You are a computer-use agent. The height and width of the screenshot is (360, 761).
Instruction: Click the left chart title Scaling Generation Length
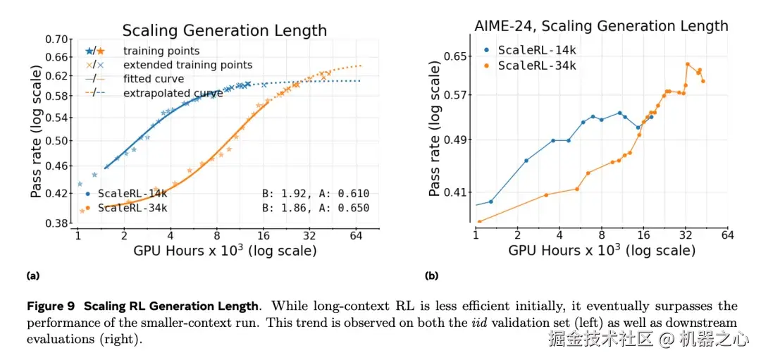coord(224,30)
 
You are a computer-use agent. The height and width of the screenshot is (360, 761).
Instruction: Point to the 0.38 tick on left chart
coord(58,223)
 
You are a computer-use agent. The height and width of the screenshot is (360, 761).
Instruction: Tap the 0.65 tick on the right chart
coord(456,56)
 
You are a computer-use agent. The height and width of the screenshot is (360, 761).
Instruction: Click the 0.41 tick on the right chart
coord(456,192)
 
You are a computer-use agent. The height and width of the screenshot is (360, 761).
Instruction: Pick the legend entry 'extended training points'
coord(187,65)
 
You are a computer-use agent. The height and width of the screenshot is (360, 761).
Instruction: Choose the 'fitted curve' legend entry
coord(154,79)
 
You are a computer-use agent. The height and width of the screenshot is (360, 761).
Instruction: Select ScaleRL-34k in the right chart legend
coord(537,66)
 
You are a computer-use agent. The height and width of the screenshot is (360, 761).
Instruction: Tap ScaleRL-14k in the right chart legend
coord(537,50)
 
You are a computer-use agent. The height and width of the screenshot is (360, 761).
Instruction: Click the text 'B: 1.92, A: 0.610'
coord(315,193)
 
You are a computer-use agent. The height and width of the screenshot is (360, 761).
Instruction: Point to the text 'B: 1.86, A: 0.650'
coord(315,208)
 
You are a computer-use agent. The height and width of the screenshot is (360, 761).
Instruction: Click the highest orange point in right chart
coord(687,64)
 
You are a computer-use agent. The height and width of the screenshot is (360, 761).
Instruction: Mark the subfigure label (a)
coord(32,275)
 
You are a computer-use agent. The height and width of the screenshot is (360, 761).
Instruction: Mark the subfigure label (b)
coord(432,275)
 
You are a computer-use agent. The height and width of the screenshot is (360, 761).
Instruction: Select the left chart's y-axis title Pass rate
coord(37,130)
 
